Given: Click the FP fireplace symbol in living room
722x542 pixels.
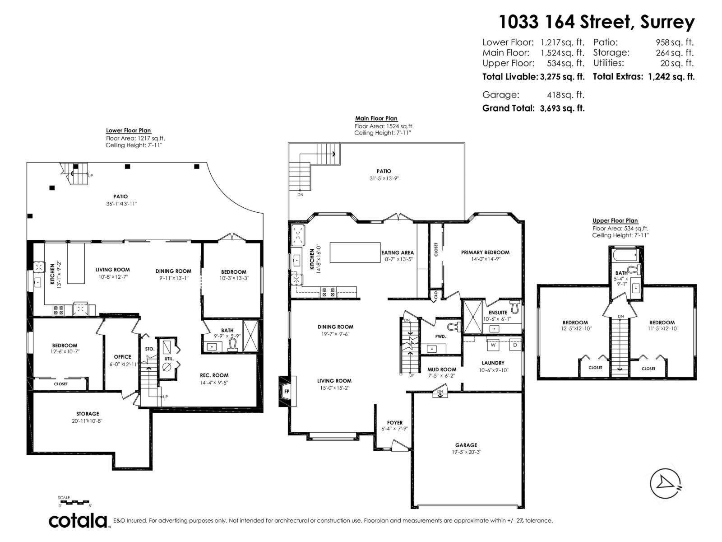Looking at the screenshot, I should [286, 392].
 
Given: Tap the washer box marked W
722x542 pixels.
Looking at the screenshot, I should [493, 345].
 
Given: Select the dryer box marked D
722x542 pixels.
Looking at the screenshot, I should [515, 345].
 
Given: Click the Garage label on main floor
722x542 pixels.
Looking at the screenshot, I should [466, 445].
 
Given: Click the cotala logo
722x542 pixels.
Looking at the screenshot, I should [78, 521].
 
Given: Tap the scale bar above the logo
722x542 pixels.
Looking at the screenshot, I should [74, 502].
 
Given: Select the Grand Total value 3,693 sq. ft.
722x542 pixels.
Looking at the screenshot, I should [562, 108].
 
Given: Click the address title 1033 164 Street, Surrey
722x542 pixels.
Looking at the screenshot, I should [597, 21].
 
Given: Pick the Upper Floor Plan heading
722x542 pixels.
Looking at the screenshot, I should [615, 220].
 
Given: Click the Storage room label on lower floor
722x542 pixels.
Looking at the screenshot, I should [88, 414].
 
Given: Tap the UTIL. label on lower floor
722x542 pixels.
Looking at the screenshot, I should [169, 359].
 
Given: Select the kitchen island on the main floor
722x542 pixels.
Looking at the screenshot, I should [355, 252].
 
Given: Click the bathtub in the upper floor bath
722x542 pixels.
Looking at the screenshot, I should [625, 256].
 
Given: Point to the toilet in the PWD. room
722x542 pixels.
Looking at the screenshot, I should [454, 327].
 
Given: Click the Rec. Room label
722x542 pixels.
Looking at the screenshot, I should [214, 375].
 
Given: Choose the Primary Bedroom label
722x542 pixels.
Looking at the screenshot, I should [485, 252].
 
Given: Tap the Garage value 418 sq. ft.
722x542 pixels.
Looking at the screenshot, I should [565, 95].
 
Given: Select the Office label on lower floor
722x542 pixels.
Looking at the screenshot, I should [122, 357].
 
